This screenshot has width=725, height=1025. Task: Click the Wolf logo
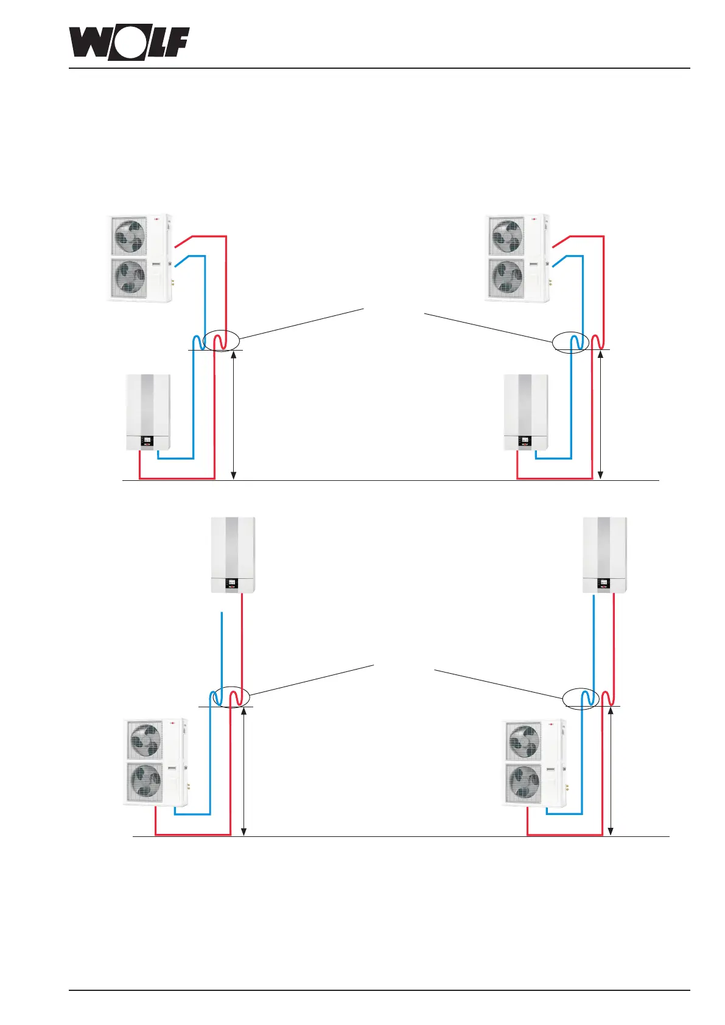click(x=128, y=43)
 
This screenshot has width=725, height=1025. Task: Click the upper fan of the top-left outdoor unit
click(x=130, y=236)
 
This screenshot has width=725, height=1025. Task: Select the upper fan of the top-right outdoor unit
click(x=507, y=236)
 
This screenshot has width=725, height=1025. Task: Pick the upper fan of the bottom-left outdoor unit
click(x=145, y=740)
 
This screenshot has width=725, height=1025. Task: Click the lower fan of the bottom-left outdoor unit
click(x=145, y=782)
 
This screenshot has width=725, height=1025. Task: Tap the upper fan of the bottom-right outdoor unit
click(x=524, y=741)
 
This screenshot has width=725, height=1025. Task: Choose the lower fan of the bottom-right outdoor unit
click(x=524, y=783)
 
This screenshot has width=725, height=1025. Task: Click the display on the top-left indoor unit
click(x=147, y=439)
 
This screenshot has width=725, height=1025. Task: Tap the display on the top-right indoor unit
click(x=525, y=439)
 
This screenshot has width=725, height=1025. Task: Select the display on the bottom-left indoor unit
click(x=232, y=582)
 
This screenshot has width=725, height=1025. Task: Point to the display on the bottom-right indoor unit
click(x=604, y=582)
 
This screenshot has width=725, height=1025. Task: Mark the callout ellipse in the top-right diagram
click(x=570, y=341)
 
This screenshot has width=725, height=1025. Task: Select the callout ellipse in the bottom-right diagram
click(x=581, y=698)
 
